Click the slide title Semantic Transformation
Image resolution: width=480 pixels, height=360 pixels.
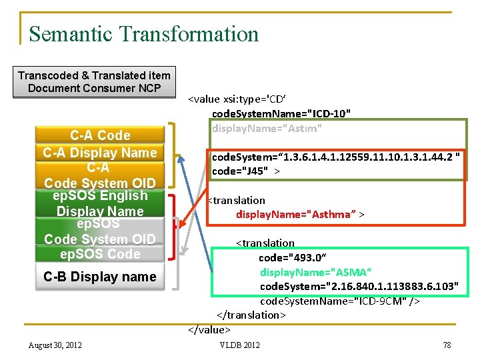(143, 34)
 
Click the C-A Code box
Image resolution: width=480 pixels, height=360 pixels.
(100, 135)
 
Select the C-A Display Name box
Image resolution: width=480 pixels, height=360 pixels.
(100, 153)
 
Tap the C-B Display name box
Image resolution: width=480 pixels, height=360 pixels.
(100, 277)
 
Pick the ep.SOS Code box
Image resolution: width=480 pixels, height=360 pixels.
(100, 254)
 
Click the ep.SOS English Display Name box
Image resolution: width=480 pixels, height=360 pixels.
(100, 203)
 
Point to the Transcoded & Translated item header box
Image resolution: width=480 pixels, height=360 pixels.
(94, 82)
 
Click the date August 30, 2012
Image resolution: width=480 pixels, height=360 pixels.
(55, 345)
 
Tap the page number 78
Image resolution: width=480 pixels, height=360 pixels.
(447, 345)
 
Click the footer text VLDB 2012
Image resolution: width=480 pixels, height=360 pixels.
(240, 345)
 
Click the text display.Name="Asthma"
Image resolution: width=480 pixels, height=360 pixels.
(299, 214)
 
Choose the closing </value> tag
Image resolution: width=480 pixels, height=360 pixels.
(209, 329)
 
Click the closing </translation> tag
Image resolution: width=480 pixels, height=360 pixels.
(251, 315)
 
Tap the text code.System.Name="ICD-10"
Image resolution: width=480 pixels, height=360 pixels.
(281, 113)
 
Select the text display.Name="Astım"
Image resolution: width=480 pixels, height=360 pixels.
(267, 127)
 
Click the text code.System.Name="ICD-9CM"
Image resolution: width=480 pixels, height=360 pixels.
(339, 301)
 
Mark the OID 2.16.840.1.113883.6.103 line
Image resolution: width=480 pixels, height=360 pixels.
(359, 287)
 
